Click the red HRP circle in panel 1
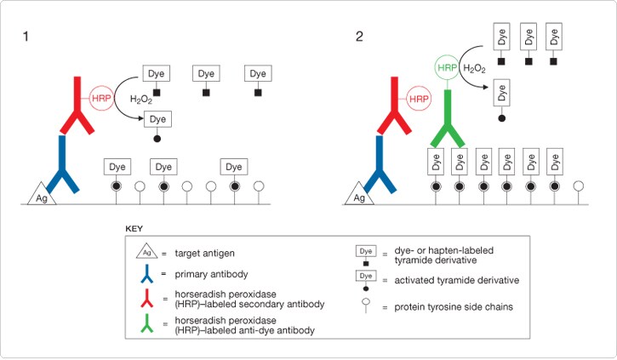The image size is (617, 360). (x=101, y=97)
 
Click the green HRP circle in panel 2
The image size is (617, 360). (x=448, y=66)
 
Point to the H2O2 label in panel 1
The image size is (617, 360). (x=141, y=100)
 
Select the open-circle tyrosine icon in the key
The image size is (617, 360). (x=366, y=306)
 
